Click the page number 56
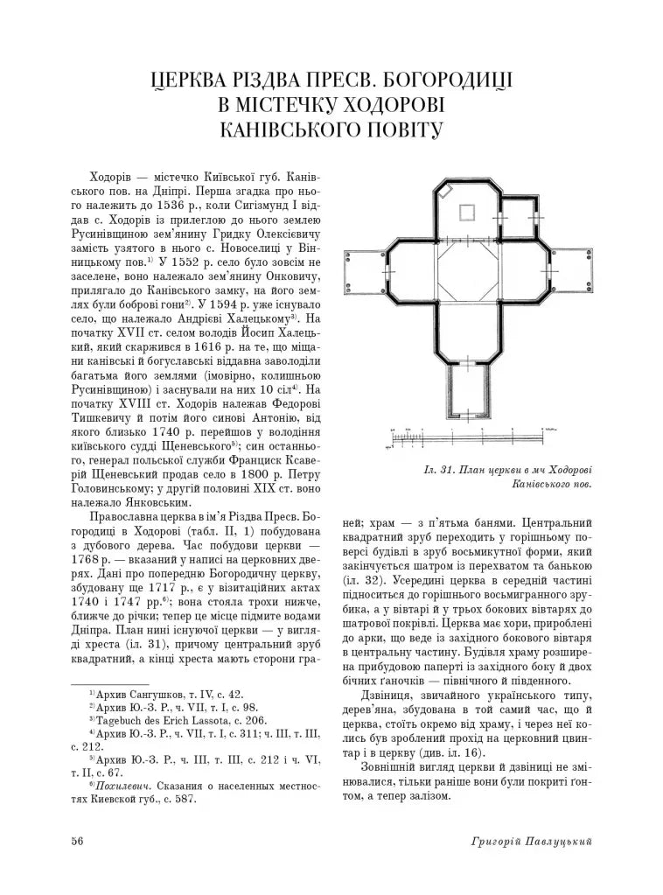click(x=78, y=841)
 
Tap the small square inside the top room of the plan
click(x=465, y=211)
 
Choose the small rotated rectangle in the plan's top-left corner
click(x=446, y=188)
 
